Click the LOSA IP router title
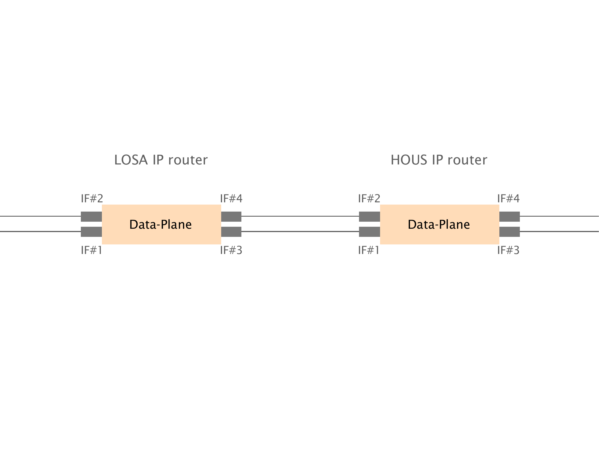point(161,160)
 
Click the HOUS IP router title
point(439,160)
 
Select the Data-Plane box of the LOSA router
point(161,224)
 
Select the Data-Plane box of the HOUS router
point(439,224)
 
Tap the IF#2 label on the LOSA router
point(92,199)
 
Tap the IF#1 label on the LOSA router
point(91,250)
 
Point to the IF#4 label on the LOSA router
point(231,199)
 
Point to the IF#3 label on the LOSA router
point(231,250)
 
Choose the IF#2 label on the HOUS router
point(369,199)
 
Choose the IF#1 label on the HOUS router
point(369,250)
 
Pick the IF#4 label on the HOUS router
point(508,199)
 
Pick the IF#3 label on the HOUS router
point(508,250)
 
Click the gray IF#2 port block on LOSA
point(91,217)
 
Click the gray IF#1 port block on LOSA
point(91,232)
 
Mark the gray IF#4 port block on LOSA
point(231,217)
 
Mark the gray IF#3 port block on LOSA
point(231,232)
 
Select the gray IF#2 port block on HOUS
point(369,217)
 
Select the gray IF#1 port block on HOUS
point(369,232)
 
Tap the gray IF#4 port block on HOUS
point(509,217)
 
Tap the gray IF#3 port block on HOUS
point(509,232)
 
